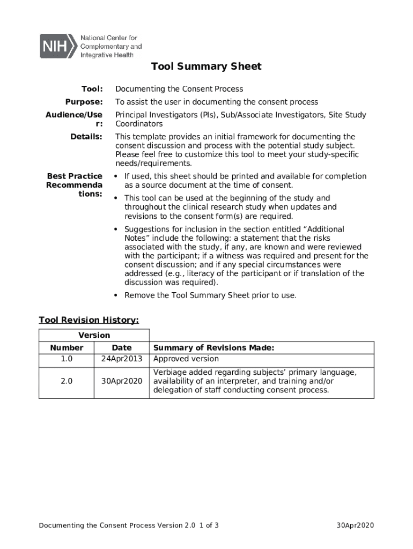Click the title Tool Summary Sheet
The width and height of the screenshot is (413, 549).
[x=206, y=66]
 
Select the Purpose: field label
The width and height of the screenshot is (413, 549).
[x=84, y=102]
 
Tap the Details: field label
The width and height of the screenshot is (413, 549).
[x=86, y=137]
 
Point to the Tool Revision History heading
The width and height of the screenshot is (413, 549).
[x=88, y=320]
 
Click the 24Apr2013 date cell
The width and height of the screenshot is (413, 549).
[x=121, y=359]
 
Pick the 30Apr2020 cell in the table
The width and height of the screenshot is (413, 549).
[x=121, y=381]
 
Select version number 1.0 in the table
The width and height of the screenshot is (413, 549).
[x=67, y=359]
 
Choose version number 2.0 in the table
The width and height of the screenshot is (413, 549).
[x=67, y=381]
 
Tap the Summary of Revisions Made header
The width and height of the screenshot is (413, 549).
[x=213, y=348]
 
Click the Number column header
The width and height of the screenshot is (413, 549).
[x=67, y=348]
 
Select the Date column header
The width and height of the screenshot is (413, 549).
[x=121, y=348]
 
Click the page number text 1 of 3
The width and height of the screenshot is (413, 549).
[x=209, y=525]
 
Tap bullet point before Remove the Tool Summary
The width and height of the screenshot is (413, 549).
[x=116, y=295]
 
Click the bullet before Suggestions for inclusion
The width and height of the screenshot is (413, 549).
[x=116, y=229]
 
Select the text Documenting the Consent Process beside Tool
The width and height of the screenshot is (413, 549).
[x=179, y=89]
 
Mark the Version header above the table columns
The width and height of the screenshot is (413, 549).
[x=94, y=336]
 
